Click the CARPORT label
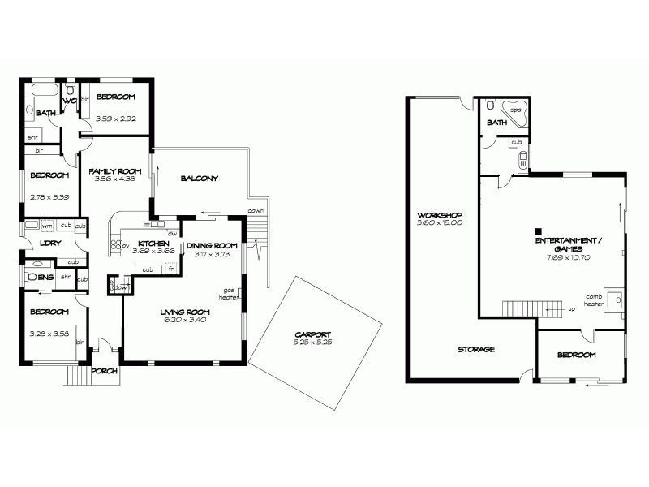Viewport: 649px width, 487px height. (x=313, y=334)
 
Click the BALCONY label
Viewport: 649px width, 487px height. (x=199, y=179)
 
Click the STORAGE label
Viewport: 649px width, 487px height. (x=475, y=349)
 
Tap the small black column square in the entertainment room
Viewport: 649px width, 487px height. (x=538, y=229)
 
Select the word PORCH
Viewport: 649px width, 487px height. (x=105, y=371)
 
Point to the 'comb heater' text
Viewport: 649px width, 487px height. (x=593, y=300)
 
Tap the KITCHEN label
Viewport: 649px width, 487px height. (x=153, y=243)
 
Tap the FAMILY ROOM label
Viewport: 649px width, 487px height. (x=115, y=171)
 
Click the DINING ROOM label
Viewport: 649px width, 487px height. (x=211, y=246)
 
